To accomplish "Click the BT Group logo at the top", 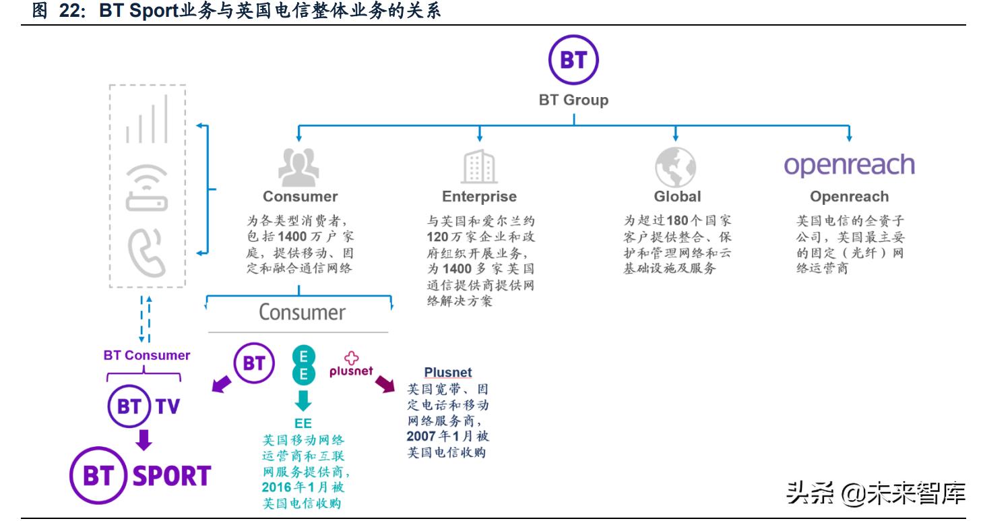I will (x=573, y=59).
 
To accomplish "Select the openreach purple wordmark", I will (x=849, y=164).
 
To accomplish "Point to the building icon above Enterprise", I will (x=479, y=166).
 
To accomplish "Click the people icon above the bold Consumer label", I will (x=299, y=166).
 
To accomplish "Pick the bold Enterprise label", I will (x=479, y=197).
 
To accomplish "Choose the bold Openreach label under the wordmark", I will (x=849, y=197).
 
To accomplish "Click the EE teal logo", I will (x=303, y=365).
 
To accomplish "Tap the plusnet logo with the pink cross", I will (x=351, y=365).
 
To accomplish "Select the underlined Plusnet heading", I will (x=447, y=373).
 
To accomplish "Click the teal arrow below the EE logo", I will (x=303, y=400).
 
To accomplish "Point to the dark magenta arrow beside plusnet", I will (x=385, y=384).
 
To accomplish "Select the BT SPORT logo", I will (x=141, y=476).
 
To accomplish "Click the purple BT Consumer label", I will (x=146, y=355).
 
